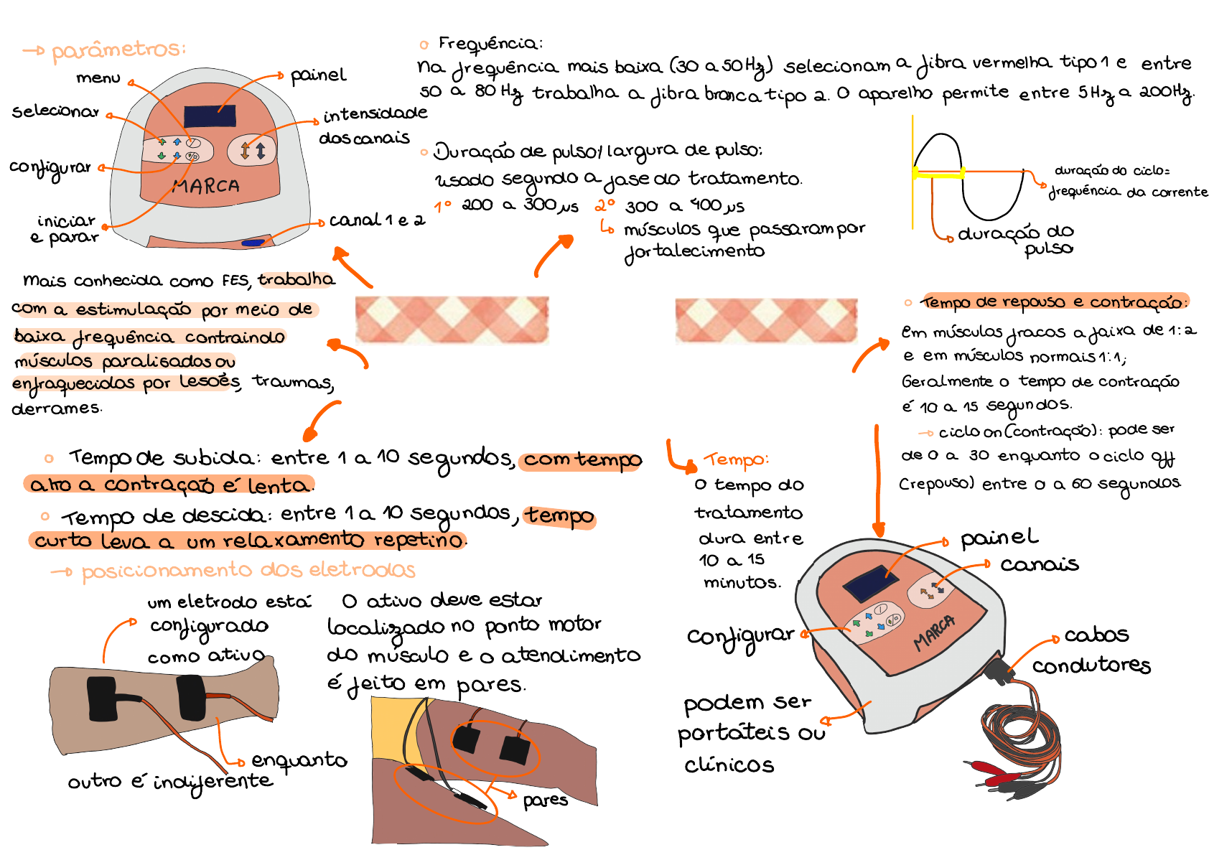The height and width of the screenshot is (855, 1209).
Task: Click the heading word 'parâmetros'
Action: click(118, 50)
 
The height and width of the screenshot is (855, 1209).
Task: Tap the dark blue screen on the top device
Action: click(210, 115)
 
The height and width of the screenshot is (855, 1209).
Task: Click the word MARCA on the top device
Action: click(206, 187)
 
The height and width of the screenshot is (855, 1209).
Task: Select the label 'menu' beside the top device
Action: click(98, 78)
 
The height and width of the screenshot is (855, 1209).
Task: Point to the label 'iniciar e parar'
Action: click(65, 228)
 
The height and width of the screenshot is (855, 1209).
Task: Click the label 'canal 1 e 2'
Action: click(376, 220)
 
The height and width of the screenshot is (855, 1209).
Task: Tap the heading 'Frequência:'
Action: click(490, 44)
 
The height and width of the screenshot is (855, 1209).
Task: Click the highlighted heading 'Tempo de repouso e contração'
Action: click(1054, 302)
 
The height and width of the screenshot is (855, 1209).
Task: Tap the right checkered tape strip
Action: click(765, 319)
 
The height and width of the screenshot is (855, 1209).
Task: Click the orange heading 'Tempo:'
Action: click(736, 459)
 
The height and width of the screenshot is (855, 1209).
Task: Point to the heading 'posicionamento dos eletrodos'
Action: click(248, 571)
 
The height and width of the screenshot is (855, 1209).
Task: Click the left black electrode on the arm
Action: click(102, 699)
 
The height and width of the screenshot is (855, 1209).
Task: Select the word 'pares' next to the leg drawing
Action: click(545, 799)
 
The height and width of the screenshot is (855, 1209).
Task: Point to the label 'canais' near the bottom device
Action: click(1039, 564)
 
